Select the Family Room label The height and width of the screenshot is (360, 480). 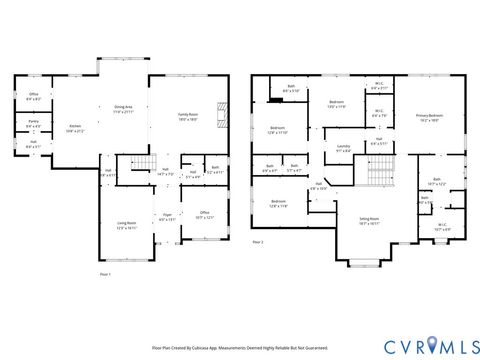[189, 116]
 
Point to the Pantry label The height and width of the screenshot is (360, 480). [33, 124]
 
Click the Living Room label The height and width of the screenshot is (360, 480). [127, 226]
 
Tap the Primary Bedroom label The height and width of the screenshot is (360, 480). [431, 117]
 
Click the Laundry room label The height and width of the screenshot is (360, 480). [344, 149]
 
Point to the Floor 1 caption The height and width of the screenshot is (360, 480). [106, 273]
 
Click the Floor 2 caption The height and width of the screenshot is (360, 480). [258, 242]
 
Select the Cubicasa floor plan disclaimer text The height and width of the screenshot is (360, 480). [239, 349]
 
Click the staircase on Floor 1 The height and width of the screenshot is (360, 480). [146, 162]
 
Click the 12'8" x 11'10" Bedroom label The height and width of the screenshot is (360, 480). [277, 130]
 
